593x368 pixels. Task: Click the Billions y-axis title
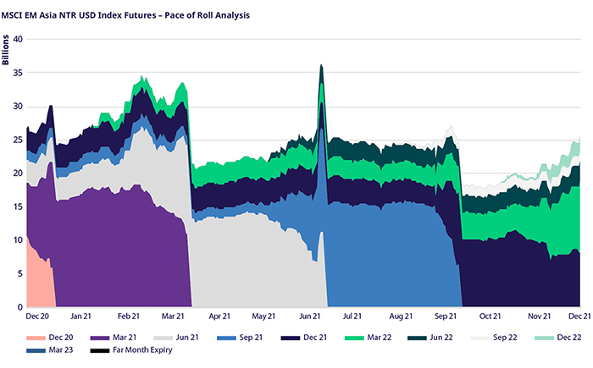(7, 52)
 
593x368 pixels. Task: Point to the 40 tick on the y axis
(17, 39)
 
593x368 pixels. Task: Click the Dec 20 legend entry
(52, 337)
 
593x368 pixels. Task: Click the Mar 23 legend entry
(52, 349)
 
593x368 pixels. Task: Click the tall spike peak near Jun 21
(321, 66)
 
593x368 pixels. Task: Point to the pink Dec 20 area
(39, 275)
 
